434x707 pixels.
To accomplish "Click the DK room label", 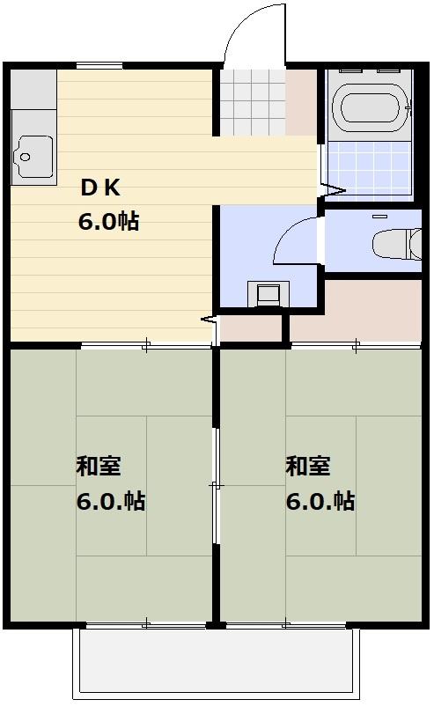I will click(99, 187).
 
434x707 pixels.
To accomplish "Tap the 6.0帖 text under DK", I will click(108, 220).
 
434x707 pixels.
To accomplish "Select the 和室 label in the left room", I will click(98, 466).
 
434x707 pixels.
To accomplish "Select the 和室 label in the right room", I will click(307, 466).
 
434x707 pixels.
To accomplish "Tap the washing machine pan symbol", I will click(268, 292).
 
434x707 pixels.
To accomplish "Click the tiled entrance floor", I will click(253, 103).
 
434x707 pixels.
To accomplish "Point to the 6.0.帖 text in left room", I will click(110, 502).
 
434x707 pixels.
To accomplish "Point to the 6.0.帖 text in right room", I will click(320, 502).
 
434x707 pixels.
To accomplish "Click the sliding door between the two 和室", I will click(216, 484).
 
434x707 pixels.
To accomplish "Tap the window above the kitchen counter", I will click(99, 66).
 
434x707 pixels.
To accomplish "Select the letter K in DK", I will click(112, 187).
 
